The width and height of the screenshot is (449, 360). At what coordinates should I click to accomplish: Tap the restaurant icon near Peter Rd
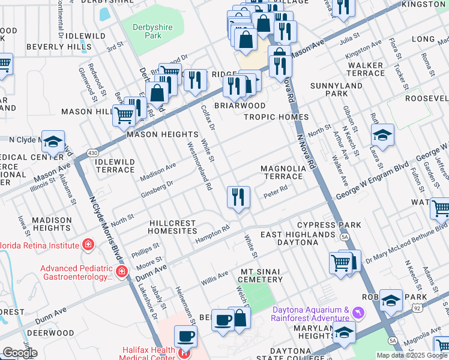(x=238, y=197)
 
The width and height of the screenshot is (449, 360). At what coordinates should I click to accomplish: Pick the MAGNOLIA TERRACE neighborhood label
(x=282, y=173)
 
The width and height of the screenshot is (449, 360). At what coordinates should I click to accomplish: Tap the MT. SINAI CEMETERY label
(x=261, y=276)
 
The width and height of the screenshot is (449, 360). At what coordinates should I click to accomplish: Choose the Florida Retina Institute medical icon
(x=88, y=245)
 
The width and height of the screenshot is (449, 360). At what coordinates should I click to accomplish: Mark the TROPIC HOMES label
(x=276, y=117)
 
